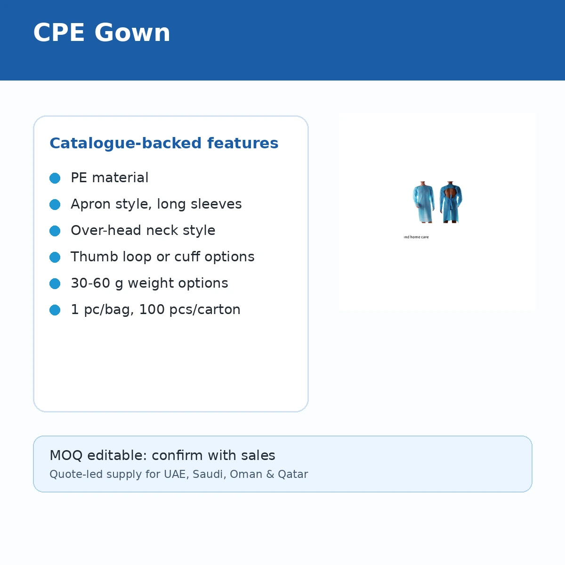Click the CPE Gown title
[x=102, y=32]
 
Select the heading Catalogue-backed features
[x=164, y=144]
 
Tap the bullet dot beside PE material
[x=55, y=178]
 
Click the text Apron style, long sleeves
[x=156, y=204]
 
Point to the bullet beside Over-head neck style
[x=55, y=231]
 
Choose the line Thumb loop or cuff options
[x=162, y=257]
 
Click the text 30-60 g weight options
[x=150, y=283]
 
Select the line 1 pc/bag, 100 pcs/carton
[x=156, y=310]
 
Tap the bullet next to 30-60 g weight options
[x=55, y=283]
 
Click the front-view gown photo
[x=423, y=202]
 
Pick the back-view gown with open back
[x=451, y=202]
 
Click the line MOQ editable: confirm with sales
[x=162, y=455]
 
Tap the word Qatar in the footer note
[x=293, y=475]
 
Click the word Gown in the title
[x=132, y=32]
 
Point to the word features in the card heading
[x=243, y=143]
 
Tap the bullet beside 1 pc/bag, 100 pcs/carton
[x=55, y=310]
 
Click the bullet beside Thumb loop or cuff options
[x=55, y=257]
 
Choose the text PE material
[x=110, y=178]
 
